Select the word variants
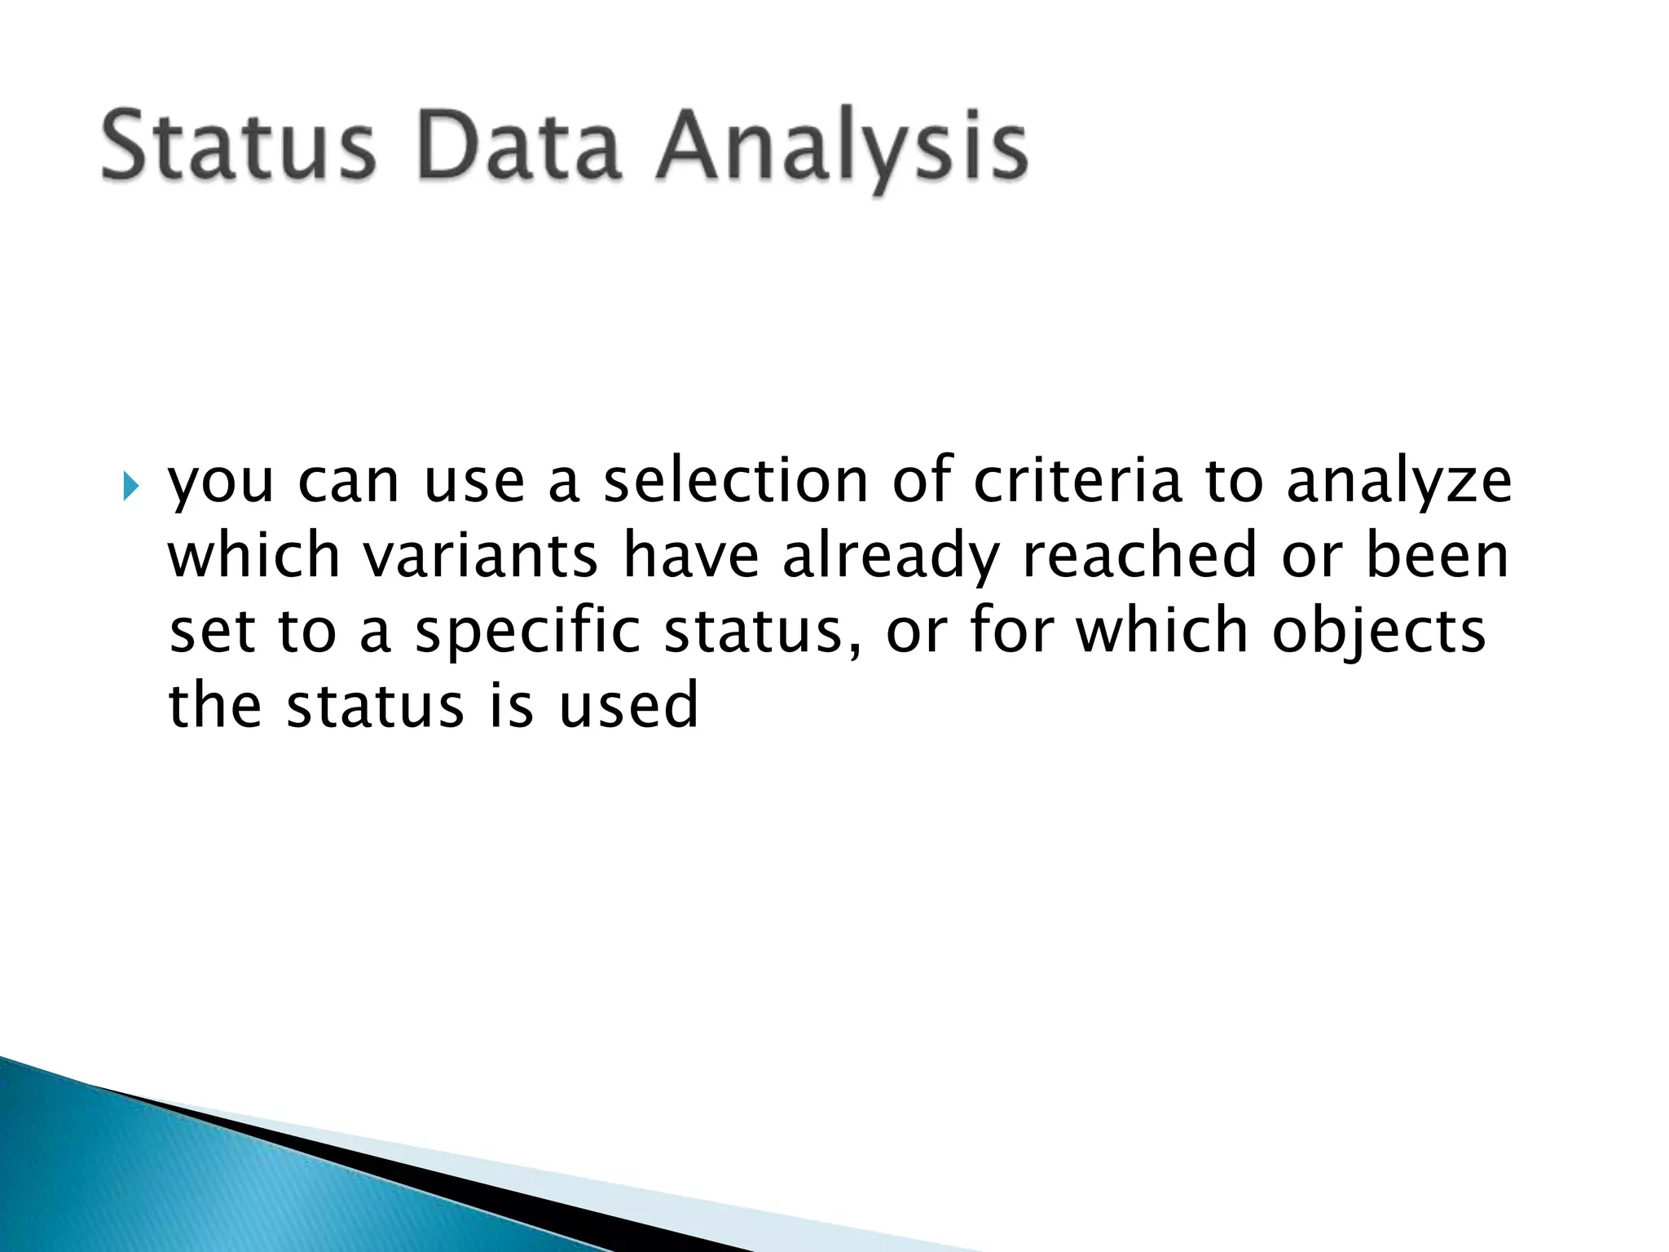coord(480,556)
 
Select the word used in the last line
coord(628,706)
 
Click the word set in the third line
coord(212,633)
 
